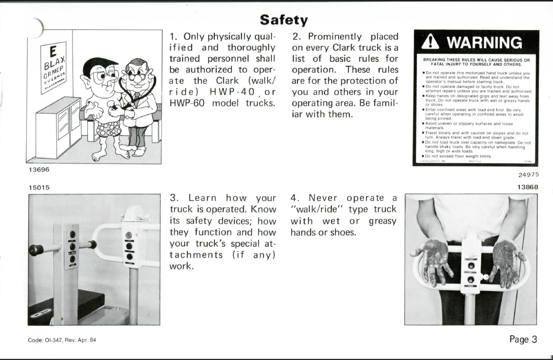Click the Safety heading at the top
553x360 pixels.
[x=284, y=19]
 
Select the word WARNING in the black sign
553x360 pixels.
[x=480, y=43]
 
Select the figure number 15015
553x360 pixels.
[x=38, y=187]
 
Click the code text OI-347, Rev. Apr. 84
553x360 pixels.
[x=62, y=340]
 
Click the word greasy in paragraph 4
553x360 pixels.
[x=382, y=221]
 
